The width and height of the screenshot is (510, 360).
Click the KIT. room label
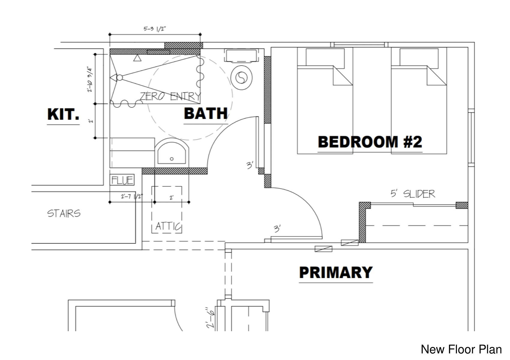coord(63,114)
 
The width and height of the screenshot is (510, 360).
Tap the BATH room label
coord(206,114)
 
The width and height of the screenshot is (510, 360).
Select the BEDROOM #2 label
coord(370,142)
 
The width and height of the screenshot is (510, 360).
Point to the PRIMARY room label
coord(336,273)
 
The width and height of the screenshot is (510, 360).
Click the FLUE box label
coord(122,180)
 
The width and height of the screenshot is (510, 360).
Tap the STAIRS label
coord(64,213)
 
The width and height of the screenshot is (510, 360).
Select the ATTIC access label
coord(168,226)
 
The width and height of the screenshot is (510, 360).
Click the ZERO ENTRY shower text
coord(170,97)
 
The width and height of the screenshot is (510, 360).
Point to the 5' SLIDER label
coord(413,194)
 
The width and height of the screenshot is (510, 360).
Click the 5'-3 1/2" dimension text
coord(155,29)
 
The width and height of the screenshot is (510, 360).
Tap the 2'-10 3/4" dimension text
coord(90,79)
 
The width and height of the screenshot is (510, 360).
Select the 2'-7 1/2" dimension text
coord(132,196)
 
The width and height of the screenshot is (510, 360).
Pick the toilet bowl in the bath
coord(241,78)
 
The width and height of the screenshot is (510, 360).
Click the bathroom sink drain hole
coord(172,159)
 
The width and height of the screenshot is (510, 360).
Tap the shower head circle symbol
coord(119,78)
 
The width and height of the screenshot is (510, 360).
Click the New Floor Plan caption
coord(461,349)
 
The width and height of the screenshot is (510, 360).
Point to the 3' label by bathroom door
coord(250,165)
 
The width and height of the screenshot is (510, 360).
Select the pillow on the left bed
coord(325,57)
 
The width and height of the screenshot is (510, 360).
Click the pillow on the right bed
coord(419,57)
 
